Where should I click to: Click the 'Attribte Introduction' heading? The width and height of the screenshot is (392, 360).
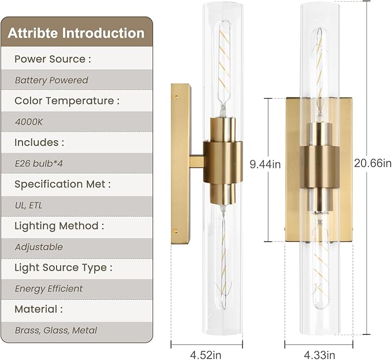pyautogui.click(x=76, y=33)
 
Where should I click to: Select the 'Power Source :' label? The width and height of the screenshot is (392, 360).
pyautogui.click(x=53, y=59)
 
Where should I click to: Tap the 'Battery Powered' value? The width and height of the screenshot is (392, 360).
pyautogui.click(x=51, y=80)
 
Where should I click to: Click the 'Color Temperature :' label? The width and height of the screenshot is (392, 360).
pyautogui.click(x=67, y=100)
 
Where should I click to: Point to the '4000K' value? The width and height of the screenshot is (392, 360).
pyautogui.click(x=29, y=122)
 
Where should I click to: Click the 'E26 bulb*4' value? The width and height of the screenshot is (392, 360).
pyautogui.click(x=39, y=163)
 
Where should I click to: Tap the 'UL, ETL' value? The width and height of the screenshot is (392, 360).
pyautogui.click(x=29, y=205)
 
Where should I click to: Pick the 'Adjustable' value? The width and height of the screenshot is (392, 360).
pyautogui.click(x=39, y=247)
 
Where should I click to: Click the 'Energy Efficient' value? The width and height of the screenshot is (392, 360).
pyautogui.click(x=48, y=288)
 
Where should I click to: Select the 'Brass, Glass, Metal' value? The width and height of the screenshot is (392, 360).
pyautogui.click(x=56, y=330)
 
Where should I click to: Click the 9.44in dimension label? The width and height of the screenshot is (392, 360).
pyautogui.click(x=265, y=164)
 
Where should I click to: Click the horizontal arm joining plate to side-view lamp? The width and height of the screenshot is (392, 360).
pyautogui.click(x=197, y=162)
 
